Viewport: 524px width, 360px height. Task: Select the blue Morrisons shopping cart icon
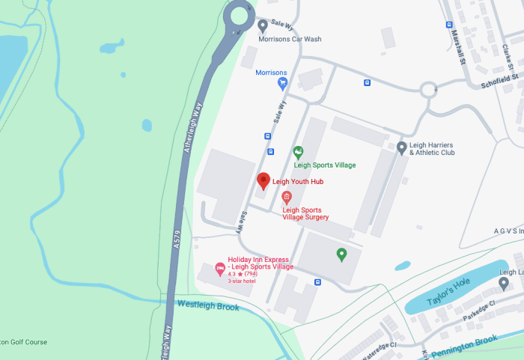pos(282,83)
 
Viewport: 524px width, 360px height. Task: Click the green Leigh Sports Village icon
pos(298,153)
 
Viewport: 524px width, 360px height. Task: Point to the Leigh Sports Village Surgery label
pos(305,214)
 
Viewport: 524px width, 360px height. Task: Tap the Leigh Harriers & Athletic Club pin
pos(402,147)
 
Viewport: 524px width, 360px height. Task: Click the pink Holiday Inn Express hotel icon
pos(220,268)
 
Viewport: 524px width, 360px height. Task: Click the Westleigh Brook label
pos(208,305)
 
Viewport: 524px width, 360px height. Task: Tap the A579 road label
pos(177,239)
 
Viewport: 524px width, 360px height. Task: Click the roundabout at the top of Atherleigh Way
pos(242,16)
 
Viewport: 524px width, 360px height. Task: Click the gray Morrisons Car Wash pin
pos(263,25)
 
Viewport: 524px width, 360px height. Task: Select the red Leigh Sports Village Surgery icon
pos(286,198)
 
